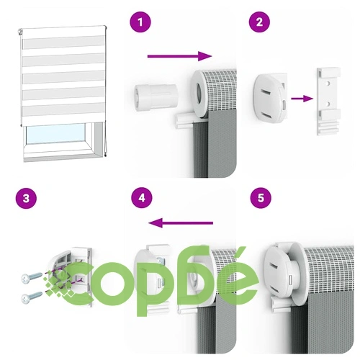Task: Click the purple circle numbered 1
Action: tap(140, 22)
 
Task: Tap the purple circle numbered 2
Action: tap(259, 22)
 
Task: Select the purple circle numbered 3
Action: tap(26, 199)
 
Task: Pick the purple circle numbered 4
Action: tap(142, 198)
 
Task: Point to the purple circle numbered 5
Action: tap(261, 198)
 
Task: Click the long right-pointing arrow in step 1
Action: tap(180, 56)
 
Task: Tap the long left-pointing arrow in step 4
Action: tap(181, 223)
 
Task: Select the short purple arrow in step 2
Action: tap(302, 99)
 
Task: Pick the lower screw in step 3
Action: tap(32, 297)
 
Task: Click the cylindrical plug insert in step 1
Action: tap(156, 97)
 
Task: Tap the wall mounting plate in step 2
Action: tap(328, 102)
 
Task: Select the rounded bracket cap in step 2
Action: tap(271, 98)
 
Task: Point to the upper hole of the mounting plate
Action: tap(328, 84)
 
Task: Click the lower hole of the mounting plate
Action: tap(328, 104)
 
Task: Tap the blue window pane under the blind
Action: tap(55, 134)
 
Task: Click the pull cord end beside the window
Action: tap(105, 156)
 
